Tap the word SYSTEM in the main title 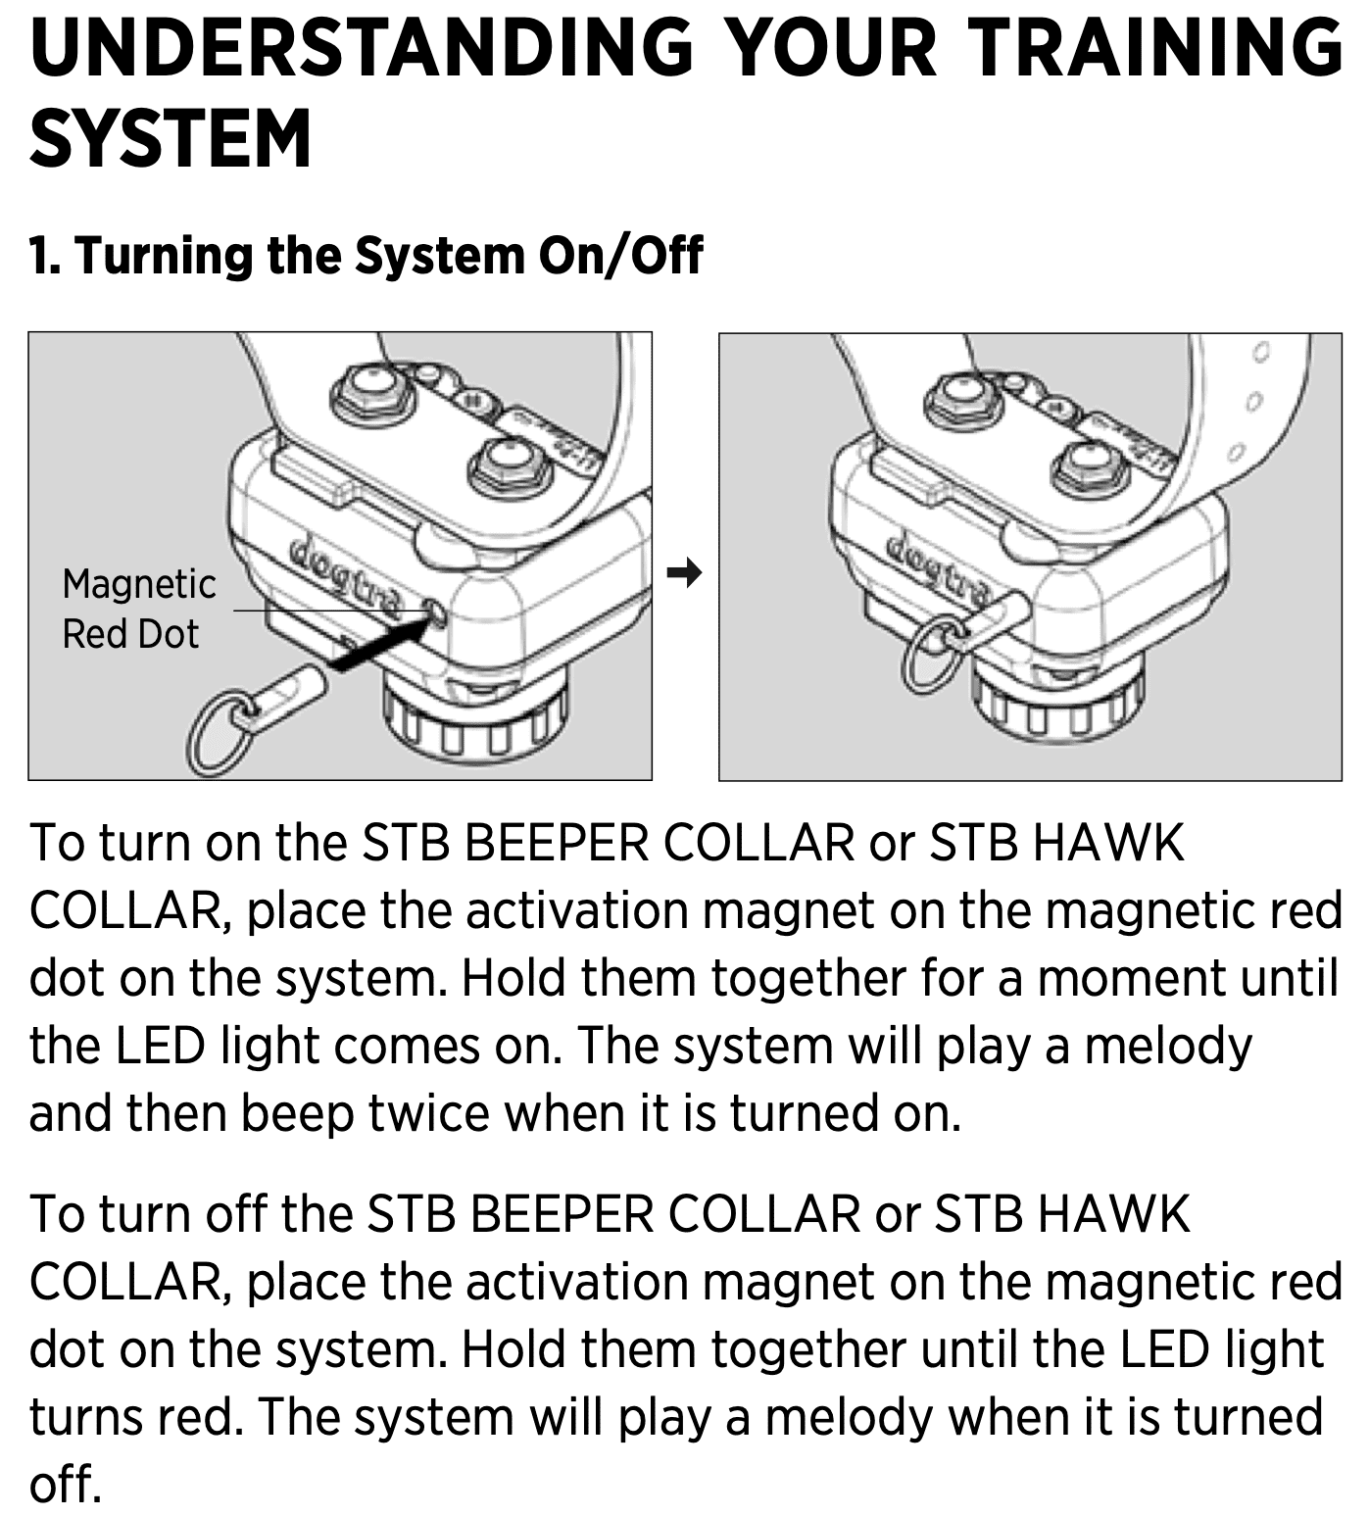tap(171, 138)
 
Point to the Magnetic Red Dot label tap(138, 609)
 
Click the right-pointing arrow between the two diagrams tap(685, 571)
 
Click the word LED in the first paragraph tap(161, 1047)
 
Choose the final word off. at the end tap(66, 1484)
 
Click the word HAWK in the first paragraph tap(1110, 843)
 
